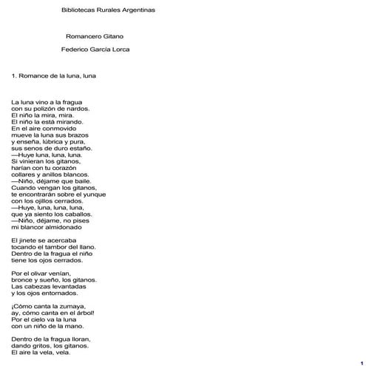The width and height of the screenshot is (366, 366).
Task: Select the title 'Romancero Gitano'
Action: pyautogui.click(x=95, y=35)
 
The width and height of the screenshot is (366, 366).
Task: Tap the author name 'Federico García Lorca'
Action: pyautogui.click(x=96, y=50)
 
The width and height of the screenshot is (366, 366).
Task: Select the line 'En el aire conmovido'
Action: pyautogui.click(x=44, y=128)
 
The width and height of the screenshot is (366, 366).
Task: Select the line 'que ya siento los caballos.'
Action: pyautogui.click(x=52, y=214)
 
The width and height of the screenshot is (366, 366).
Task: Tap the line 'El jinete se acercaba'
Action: pyautogui.click(x=44, y=240)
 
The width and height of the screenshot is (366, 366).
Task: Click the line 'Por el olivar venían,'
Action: pyautogui.click(x=44, y=273)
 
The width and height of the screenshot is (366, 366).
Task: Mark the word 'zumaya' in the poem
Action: pyautogui.click(x=70, y=305)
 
